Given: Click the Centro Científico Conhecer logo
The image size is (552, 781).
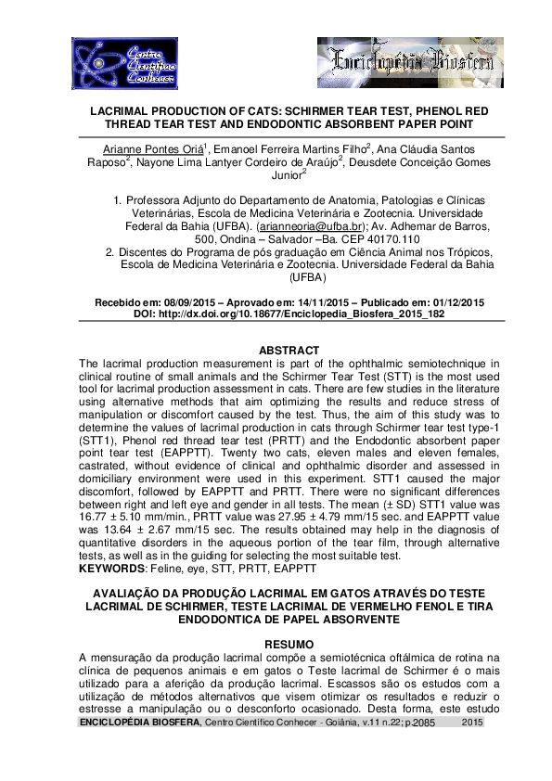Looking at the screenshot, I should tap(111, 64).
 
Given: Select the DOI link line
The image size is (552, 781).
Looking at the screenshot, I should tap(289, 315).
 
